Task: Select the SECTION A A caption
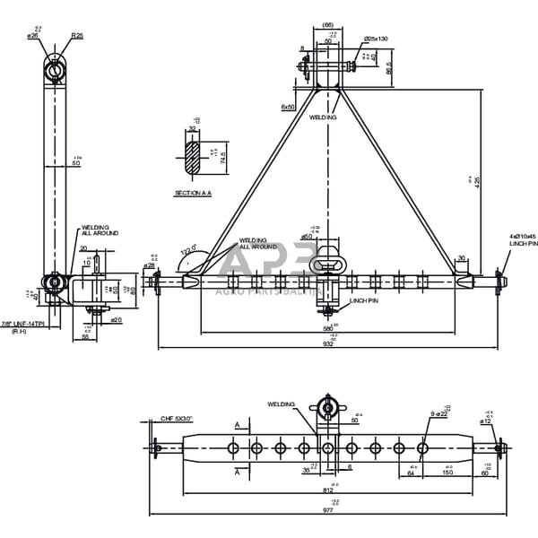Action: [x=193, y=193]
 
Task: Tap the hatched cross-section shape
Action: [x=193, y=155]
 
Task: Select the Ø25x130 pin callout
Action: [x=377, y=39]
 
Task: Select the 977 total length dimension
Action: [x=328, y=509]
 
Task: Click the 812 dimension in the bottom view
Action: [x=328, y=491]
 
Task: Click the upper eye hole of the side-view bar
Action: [x=56, y=66]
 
